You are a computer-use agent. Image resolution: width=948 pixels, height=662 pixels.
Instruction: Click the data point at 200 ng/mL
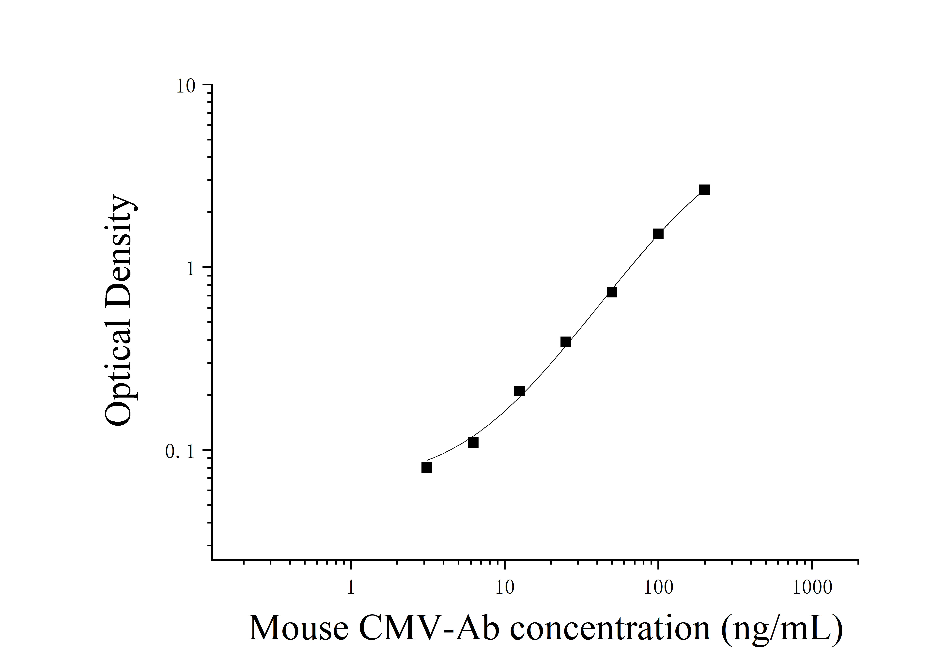point(704,190)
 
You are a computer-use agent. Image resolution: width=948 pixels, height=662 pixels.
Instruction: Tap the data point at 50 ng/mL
point(612,292)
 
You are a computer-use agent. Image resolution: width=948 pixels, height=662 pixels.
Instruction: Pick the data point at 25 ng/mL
point(566,342)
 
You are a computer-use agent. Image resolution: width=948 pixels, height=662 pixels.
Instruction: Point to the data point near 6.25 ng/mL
point(473,442)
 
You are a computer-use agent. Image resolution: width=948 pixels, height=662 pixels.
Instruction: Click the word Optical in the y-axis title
point(119,363)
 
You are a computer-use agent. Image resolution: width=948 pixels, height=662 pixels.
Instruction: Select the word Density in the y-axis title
point(119,244)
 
